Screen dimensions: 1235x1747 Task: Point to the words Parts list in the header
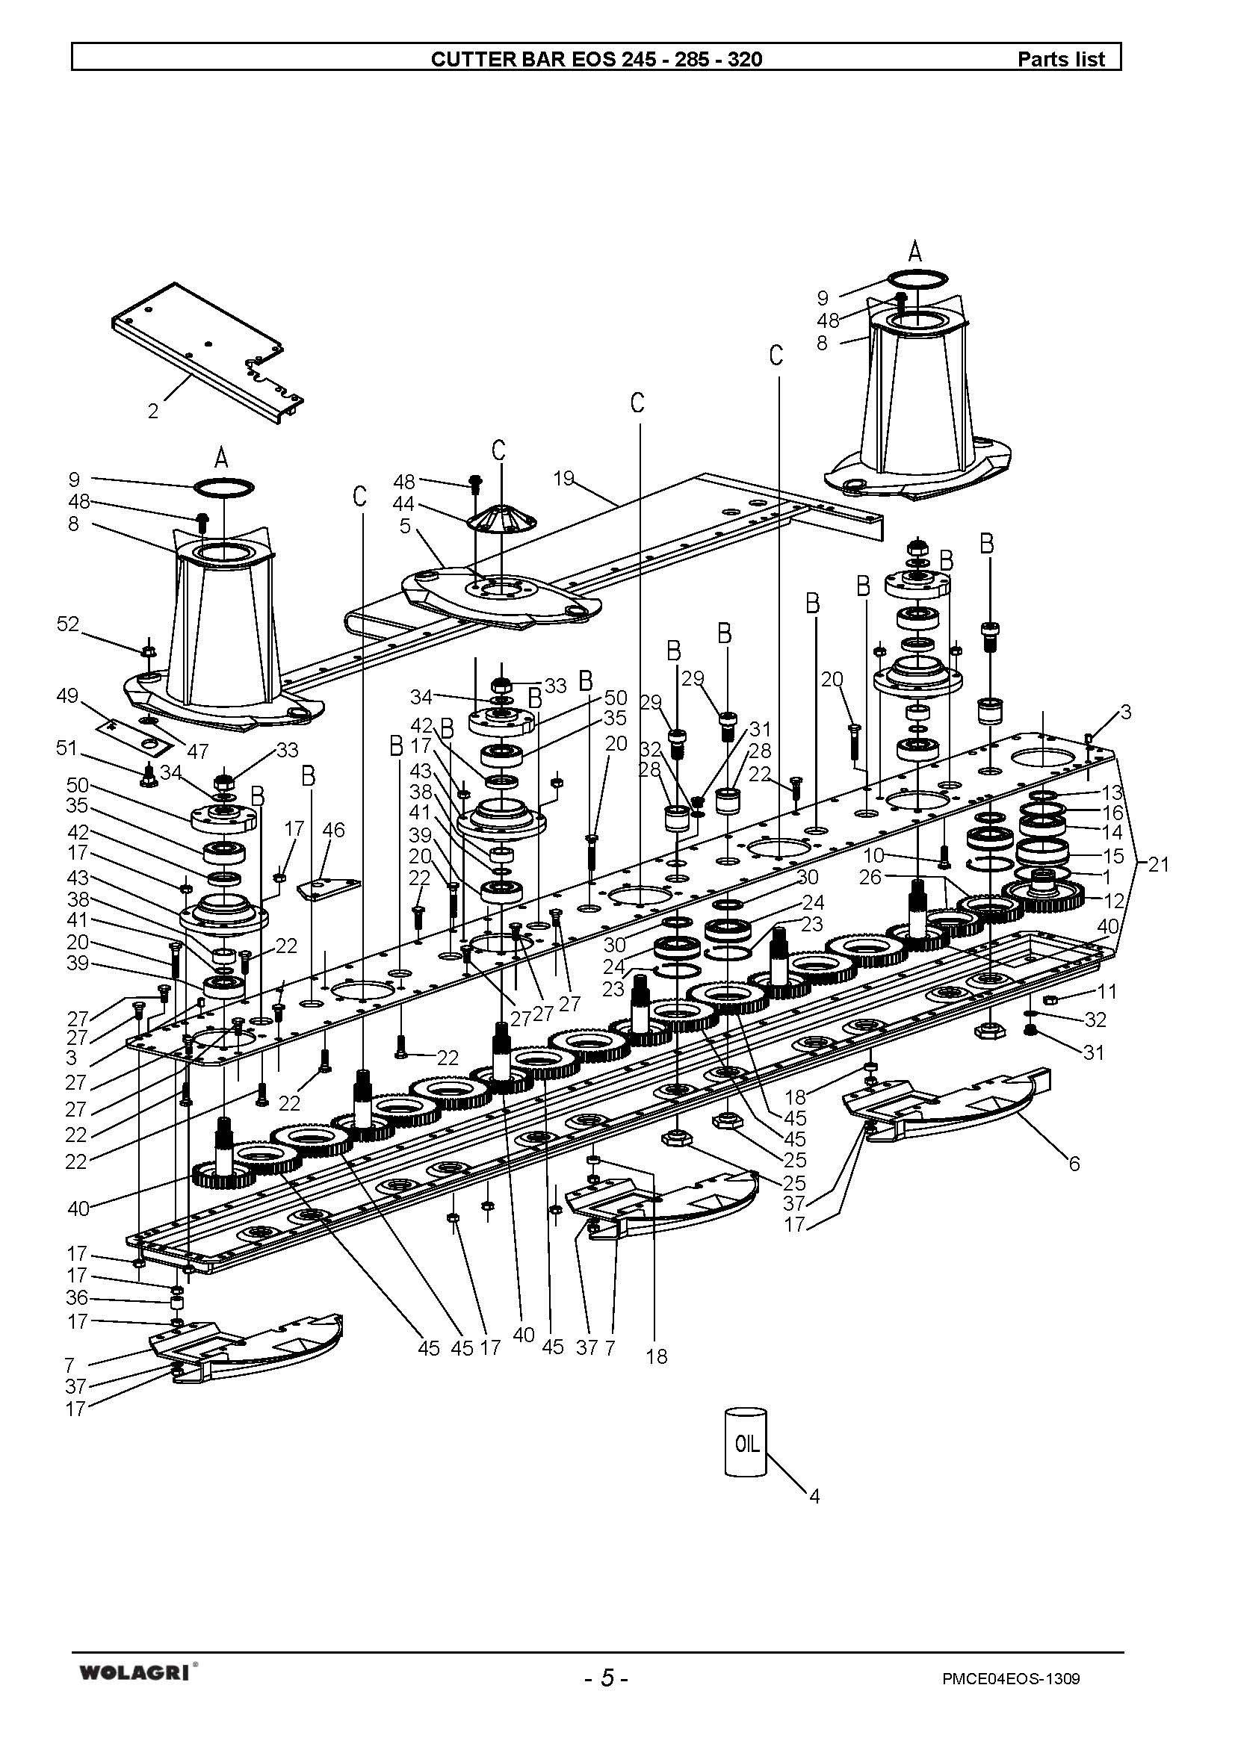point(1061,59)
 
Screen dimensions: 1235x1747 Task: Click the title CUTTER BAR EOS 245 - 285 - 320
point(595,59)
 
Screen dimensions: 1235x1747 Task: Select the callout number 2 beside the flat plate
point(153,412)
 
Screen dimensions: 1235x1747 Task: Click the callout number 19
point(564,479)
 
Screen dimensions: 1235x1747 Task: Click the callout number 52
point(68,624)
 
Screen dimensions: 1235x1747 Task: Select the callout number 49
point(68,696)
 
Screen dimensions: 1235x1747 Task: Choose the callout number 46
point(333,829)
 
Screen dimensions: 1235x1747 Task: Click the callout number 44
point(403,503)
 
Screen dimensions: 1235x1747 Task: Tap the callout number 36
point(77,1297)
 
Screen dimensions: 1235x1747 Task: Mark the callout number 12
point(1113,901)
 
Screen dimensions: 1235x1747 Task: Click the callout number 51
point(66,748)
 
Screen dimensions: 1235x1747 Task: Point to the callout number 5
point(405,526)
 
